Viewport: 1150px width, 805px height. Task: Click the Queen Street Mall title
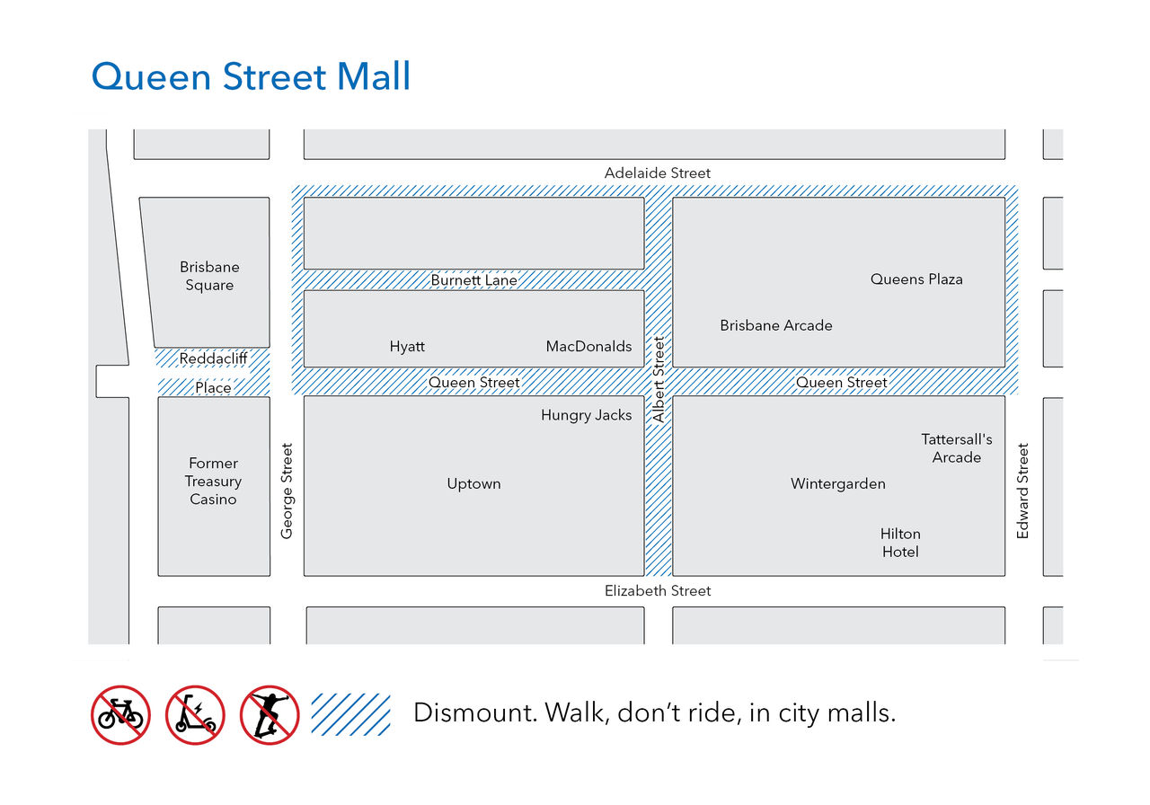(x=251, y=76)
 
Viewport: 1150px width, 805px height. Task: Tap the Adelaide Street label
(x=657, y=172)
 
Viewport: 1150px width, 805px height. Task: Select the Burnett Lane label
(x=473, y=280)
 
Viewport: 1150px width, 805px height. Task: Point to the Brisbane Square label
(x=209, y=276)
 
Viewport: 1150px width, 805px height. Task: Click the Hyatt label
(x=407, y=347)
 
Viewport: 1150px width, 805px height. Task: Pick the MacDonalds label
(x=588, y=347)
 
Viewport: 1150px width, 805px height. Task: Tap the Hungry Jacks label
(x=586, y=415)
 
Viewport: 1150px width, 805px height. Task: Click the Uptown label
(x=473, y=484)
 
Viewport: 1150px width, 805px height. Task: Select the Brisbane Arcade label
(x=775, y=325)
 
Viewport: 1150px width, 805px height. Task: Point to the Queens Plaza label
(x=916, y=279)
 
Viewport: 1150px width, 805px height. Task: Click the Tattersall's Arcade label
(x=956, y=448)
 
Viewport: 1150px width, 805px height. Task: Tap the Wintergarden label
(x=837, y=484)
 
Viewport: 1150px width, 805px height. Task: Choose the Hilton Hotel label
(x=899, y=543)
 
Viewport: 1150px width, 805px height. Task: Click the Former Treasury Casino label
(x=213, y=482)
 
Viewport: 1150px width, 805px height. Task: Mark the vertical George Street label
(x=287, y=491)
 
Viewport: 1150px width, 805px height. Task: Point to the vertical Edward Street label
(x=1022, y=491)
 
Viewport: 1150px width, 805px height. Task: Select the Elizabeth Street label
(x=657, y=591)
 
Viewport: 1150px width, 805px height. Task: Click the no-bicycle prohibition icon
(x=120, y=715)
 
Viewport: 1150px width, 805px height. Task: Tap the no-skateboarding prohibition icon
(x=270, y=715)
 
